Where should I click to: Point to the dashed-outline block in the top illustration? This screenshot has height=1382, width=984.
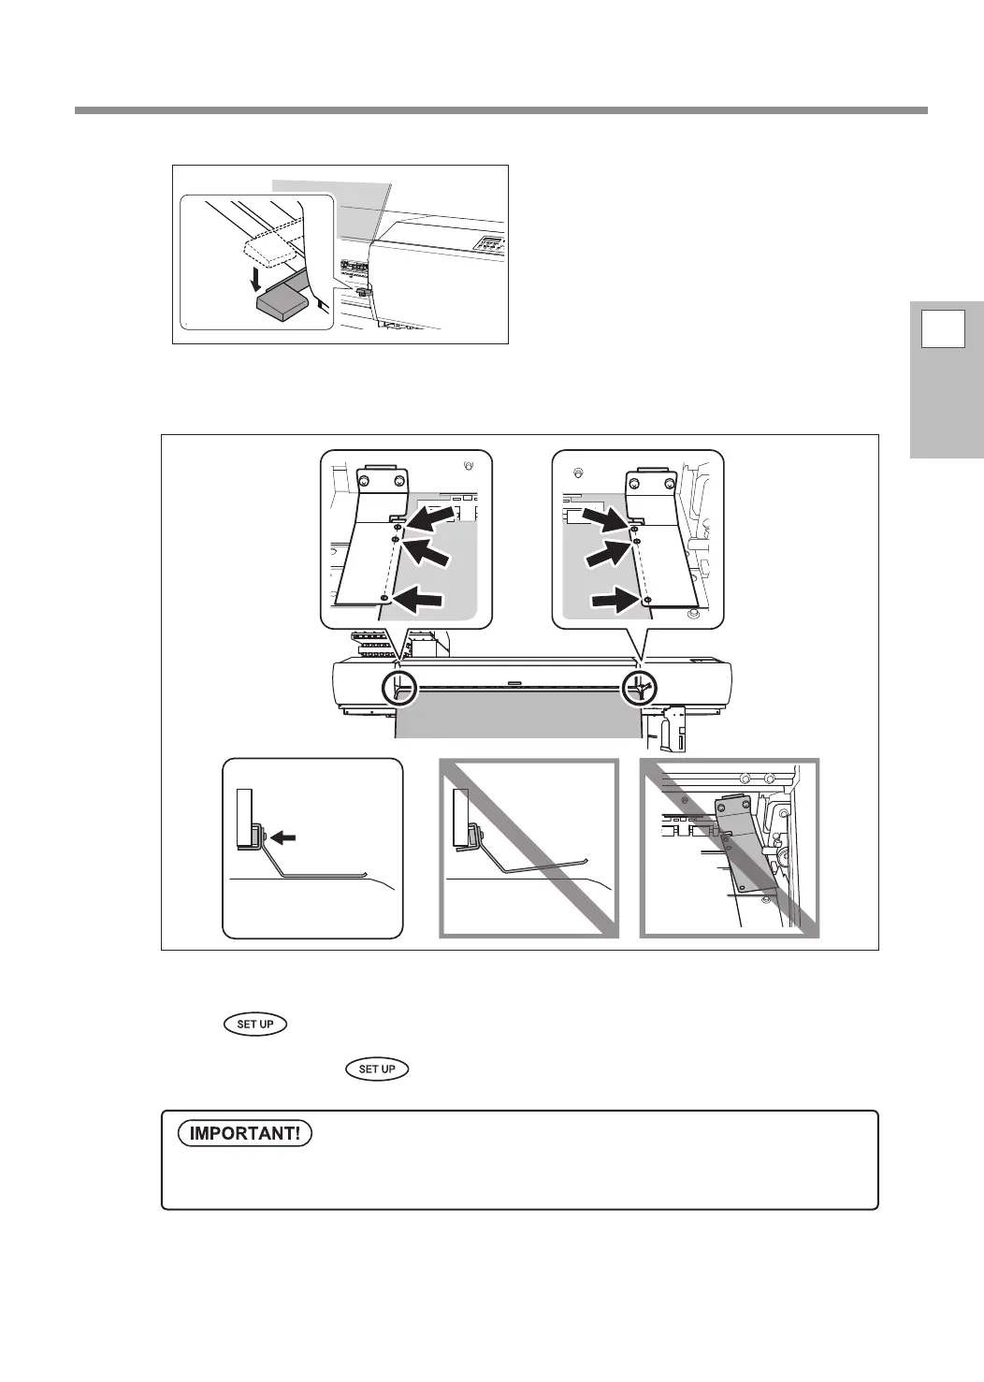269,247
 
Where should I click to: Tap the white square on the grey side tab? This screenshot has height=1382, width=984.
943,330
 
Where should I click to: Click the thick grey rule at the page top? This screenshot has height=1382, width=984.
500,110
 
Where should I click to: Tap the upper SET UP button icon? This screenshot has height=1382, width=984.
255,1024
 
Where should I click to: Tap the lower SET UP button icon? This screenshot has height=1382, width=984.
377,1069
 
